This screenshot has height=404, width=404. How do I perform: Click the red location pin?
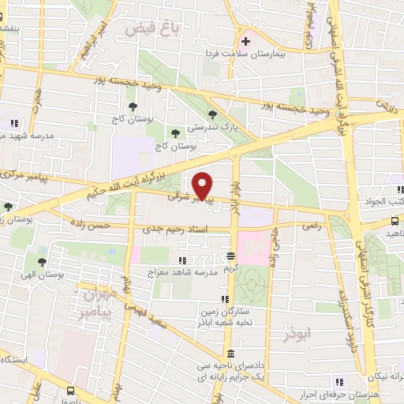click(x=203, y=185)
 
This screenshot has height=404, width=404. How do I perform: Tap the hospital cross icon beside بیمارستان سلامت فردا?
click(x=245, y=41)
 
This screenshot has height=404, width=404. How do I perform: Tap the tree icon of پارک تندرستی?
click(x=211, y=115)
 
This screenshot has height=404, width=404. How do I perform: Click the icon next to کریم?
click(x=230, y=256)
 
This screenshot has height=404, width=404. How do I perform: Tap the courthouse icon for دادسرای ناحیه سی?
click(x=230, y=353)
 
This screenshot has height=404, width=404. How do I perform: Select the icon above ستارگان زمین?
click(x=224, y=299)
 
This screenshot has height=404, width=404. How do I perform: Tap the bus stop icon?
click(x=72, y=390)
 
